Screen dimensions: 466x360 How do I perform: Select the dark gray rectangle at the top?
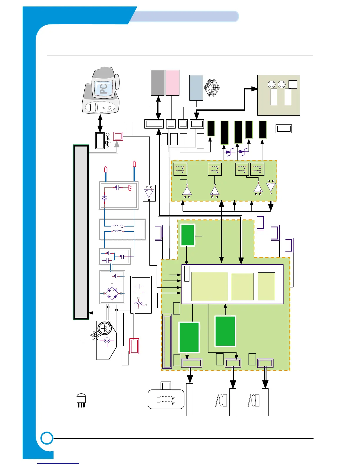(x=158, y=83)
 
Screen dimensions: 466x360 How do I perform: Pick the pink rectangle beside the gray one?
(x=172, y=83)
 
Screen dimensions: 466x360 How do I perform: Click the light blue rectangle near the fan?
(x=196, y=88)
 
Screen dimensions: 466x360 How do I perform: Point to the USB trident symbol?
(x=108, y=140)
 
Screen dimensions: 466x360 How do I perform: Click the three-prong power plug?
(x=81, y=400)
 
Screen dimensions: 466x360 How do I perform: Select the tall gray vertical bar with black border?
(x=81, y=232)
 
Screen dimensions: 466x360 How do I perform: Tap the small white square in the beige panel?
(x=293, y=84)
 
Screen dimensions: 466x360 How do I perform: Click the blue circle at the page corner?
(x=47, y=438)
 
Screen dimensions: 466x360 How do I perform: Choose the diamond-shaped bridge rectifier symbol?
(x=112, y=293)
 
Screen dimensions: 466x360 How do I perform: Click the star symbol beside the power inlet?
(x=95, y=335)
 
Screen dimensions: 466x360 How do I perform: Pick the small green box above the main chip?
(x=188, y=235)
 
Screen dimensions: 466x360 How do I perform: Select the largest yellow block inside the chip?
(x=209, y=286)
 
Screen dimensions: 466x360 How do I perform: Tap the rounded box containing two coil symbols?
(x=166, y=399)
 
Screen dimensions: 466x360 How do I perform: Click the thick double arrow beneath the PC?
(x=100, y=124)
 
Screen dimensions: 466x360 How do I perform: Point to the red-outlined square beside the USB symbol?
(x=118, y=136)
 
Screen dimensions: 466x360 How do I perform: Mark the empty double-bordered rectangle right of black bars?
(x=284, y=129)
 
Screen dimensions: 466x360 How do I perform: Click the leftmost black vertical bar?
(x=211, y=128)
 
